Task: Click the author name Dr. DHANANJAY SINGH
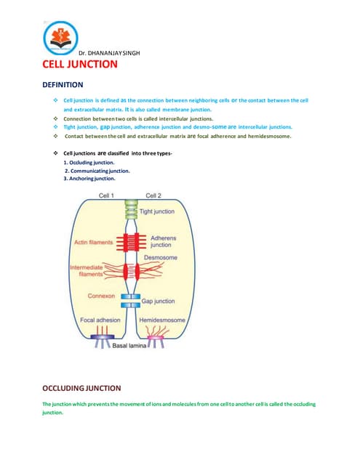tap(108, 54)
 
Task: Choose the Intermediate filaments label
tap(86, 271)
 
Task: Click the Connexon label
tap(102, 296)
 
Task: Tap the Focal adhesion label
tap(100, 320)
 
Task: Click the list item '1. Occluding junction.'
tap(89, 163)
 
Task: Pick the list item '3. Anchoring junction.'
tap(89, 178)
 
